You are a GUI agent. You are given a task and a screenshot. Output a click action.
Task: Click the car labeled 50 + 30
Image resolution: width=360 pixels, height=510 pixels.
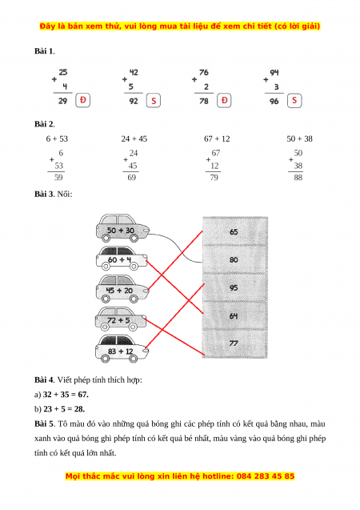(123, 228)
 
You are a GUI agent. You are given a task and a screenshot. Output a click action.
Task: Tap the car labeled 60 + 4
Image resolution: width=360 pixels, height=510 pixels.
(122, 259)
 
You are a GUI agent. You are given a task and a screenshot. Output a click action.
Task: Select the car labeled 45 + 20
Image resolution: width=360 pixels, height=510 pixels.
(122, 288)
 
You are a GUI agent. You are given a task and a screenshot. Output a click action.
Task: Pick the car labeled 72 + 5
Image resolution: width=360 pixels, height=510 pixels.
(121, 319)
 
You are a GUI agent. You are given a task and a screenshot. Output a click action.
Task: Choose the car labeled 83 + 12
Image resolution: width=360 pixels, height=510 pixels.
(122, 349)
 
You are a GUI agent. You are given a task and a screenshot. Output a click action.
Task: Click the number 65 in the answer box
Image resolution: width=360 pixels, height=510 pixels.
(234, 232)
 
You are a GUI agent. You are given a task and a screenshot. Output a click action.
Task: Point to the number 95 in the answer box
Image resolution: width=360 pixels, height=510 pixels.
(234, 288)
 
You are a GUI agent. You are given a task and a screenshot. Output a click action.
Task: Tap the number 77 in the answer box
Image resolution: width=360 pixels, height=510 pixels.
(234, 343)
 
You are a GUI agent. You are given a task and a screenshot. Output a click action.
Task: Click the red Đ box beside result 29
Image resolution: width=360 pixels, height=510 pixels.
(83, 100)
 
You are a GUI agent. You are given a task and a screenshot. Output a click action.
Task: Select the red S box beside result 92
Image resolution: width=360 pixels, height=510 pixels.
(154, 101)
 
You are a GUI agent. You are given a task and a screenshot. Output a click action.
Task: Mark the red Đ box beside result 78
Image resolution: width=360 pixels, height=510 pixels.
(224, 100)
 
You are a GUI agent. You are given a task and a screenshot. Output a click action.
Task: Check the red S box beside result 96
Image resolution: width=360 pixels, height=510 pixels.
(294, 100)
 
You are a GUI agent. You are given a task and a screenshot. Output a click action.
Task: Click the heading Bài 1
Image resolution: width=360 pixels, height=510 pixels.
(44, 51)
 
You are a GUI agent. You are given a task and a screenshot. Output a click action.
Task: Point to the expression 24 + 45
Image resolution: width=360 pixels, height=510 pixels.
(134, 139)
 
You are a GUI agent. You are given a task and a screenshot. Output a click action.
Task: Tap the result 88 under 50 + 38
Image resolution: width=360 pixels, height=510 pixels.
(298, 177)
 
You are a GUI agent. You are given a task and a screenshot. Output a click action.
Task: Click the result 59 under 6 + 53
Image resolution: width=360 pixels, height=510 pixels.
(58, 177)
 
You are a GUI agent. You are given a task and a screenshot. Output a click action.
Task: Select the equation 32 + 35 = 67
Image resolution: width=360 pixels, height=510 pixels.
(66, 395)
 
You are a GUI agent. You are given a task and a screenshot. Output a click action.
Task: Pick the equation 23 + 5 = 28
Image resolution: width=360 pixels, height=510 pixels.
(64, 409)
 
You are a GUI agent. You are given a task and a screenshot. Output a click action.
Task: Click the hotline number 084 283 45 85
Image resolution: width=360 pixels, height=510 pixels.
(266, 476)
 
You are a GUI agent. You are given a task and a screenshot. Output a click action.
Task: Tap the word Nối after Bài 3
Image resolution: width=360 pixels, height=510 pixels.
(65, 195)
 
